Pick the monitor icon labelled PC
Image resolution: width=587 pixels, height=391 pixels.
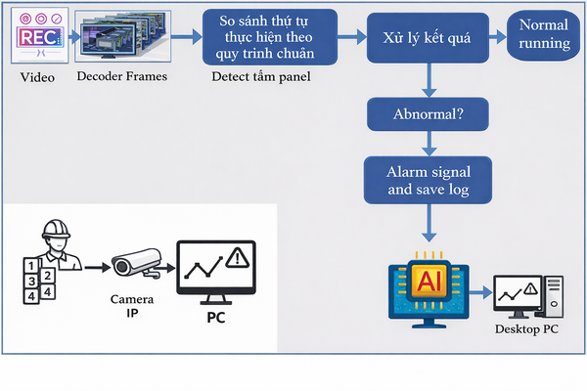coord(216,271)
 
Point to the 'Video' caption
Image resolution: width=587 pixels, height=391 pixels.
coord(37,77)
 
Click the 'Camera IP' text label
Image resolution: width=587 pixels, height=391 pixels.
coord(134,305)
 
